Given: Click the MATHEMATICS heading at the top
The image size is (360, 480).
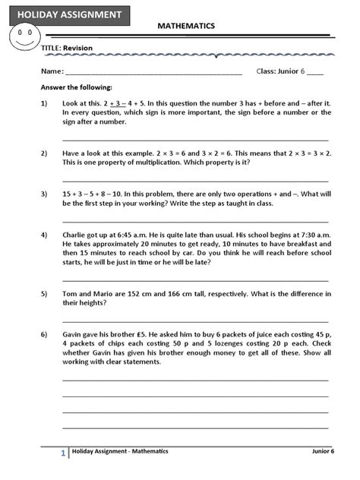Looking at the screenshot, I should click(x=186, y=26).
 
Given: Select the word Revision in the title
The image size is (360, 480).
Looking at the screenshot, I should click(x=77, y=48).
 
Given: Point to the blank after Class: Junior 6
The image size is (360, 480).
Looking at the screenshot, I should click(x=315, y=72).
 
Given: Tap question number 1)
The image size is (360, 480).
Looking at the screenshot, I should click(x=45, y=103).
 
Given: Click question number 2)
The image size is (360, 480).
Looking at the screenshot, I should click(x=45, y=152).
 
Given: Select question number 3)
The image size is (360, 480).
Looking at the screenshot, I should click(x=45, y=194).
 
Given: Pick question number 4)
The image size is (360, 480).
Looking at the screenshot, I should click(x=45, y=235).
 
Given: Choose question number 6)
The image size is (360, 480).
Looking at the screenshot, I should click(x=45, y=335).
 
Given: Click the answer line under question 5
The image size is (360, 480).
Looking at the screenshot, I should click(x=195, y=321).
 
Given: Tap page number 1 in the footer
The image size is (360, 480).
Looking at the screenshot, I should click(x=62, y=453).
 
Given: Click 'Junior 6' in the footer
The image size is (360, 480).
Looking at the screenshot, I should click(x=322, y=451).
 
